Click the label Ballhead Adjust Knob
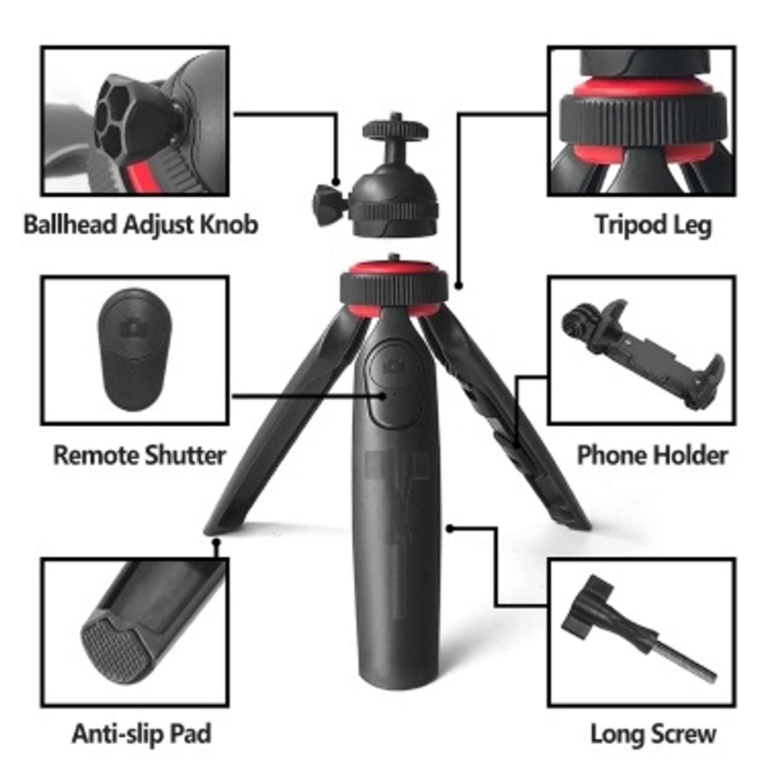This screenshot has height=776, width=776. [141, 225]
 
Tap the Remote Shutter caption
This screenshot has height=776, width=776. [139, 455]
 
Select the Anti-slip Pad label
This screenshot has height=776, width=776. [141, 734]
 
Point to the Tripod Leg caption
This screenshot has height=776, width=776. [653, 225]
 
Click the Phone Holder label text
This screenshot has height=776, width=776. [652, 455]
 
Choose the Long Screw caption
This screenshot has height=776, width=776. [653, 734]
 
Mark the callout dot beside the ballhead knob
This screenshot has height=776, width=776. [336, 182]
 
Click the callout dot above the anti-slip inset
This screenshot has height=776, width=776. [217, 542]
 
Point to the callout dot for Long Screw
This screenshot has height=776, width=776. [450, 528]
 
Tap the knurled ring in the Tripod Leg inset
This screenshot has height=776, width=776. [643, 119]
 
